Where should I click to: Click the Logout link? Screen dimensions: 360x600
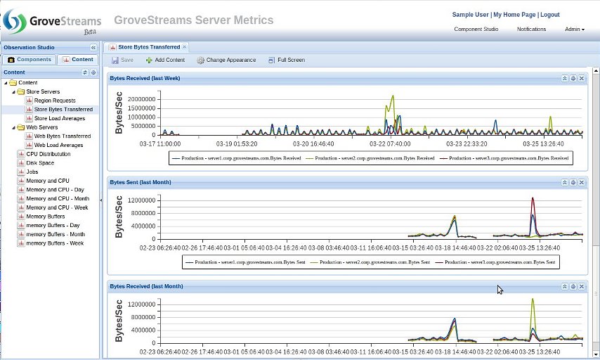pos(550,15)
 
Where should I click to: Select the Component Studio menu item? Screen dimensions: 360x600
pos(476,30)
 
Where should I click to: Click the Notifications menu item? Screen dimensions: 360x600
pos(531,30)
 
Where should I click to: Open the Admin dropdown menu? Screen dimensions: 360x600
pos(574,30)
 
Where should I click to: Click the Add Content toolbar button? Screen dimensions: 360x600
pos(165,60)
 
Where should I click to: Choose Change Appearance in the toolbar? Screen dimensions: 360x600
pos(226,60)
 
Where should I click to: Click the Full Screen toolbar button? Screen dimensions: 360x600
pos(287,60)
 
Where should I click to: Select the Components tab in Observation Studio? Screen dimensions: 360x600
pos(30,60)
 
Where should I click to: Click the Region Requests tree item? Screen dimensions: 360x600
pos(54,101)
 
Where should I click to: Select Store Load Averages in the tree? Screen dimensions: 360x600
pos(59,118)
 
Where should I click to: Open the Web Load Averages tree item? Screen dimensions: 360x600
pos(58,145)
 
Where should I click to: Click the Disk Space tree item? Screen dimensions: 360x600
pos(39,162)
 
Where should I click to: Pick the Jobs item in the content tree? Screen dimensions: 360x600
pos(32,172)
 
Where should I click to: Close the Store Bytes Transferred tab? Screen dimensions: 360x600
pos(185,47)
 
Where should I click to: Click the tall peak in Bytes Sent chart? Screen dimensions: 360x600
pos(534,200)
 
